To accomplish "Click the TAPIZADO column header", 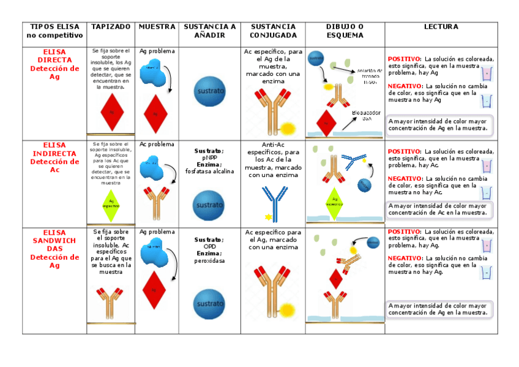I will pyautogui.click(x=111, y=27).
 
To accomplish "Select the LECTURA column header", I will pyautogui.click(x=441, y=27).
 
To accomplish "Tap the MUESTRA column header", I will pyautogui.click(x=157, y=27).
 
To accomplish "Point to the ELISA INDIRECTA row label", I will pyautogui.click(x=54, y=157).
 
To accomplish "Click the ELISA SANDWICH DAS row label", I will pyautogui.click(x=54, y=249).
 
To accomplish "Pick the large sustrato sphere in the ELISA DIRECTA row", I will pyautogui.click(x=209, y=91).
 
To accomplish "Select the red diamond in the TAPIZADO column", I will pyautogui.click(x=112, y=112).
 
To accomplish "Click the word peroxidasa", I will pyautogui.click(x=209, y=260).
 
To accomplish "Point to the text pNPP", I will pyautogui.click(x=209, y=157).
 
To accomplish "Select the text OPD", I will pyautogui.click(x=209, y=246).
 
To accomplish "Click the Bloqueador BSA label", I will pyautogui.click(x=366, y=116).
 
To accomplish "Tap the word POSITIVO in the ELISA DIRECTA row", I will pyautogui.click(x=405, y=59).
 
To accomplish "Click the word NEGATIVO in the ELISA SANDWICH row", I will pyautogui.click(x=405, y=259).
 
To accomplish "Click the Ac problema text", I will pyautogui.click(x=157, y=145).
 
